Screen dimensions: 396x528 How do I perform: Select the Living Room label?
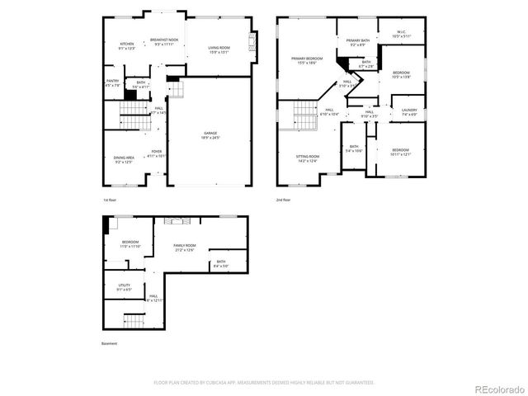click(219, 50)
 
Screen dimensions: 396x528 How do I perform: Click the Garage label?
click(211, 134)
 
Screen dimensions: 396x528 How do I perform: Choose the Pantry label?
click(112, 82)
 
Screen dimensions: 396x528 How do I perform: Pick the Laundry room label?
click(409, 111)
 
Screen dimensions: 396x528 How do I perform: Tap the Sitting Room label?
click(308, 158)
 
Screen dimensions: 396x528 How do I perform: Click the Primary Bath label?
click(357, 42)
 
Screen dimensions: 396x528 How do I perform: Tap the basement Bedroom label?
click(131, 244)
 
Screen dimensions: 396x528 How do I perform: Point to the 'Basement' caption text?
click(110, 344)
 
